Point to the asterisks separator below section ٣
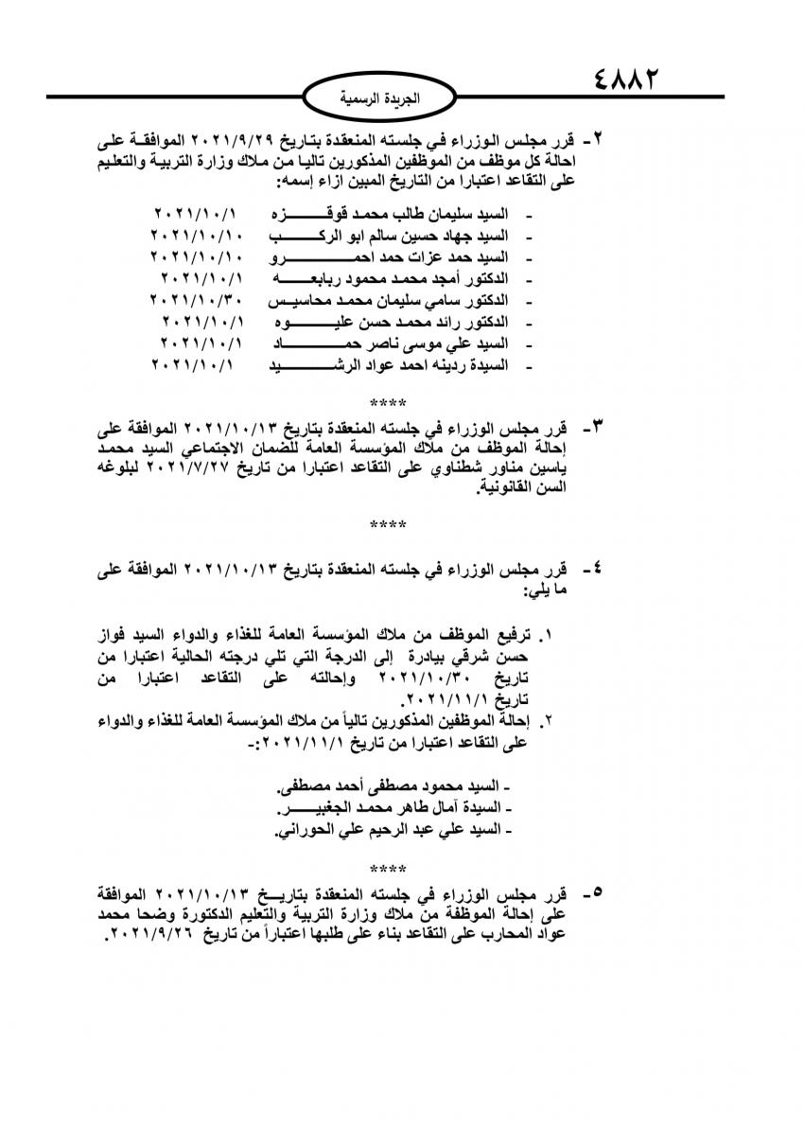pyautogui.click(x=388, y=523)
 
